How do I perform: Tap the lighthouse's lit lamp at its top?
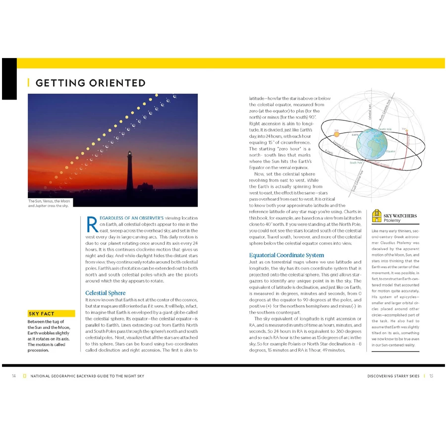tap(130, 154)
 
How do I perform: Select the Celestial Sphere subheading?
tap(106, 293)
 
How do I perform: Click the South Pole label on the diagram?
tap(356, 163)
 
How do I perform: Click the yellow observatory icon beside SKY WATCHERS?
tap(377, 216)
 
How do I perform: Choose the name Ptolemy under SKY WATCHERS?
tap(392, 221)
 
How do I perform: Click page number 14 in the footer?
tap(14, 376)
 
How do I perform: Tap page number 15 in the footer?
tap(431, 376)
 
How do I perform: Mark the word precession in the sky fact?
tap(39, 350)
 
